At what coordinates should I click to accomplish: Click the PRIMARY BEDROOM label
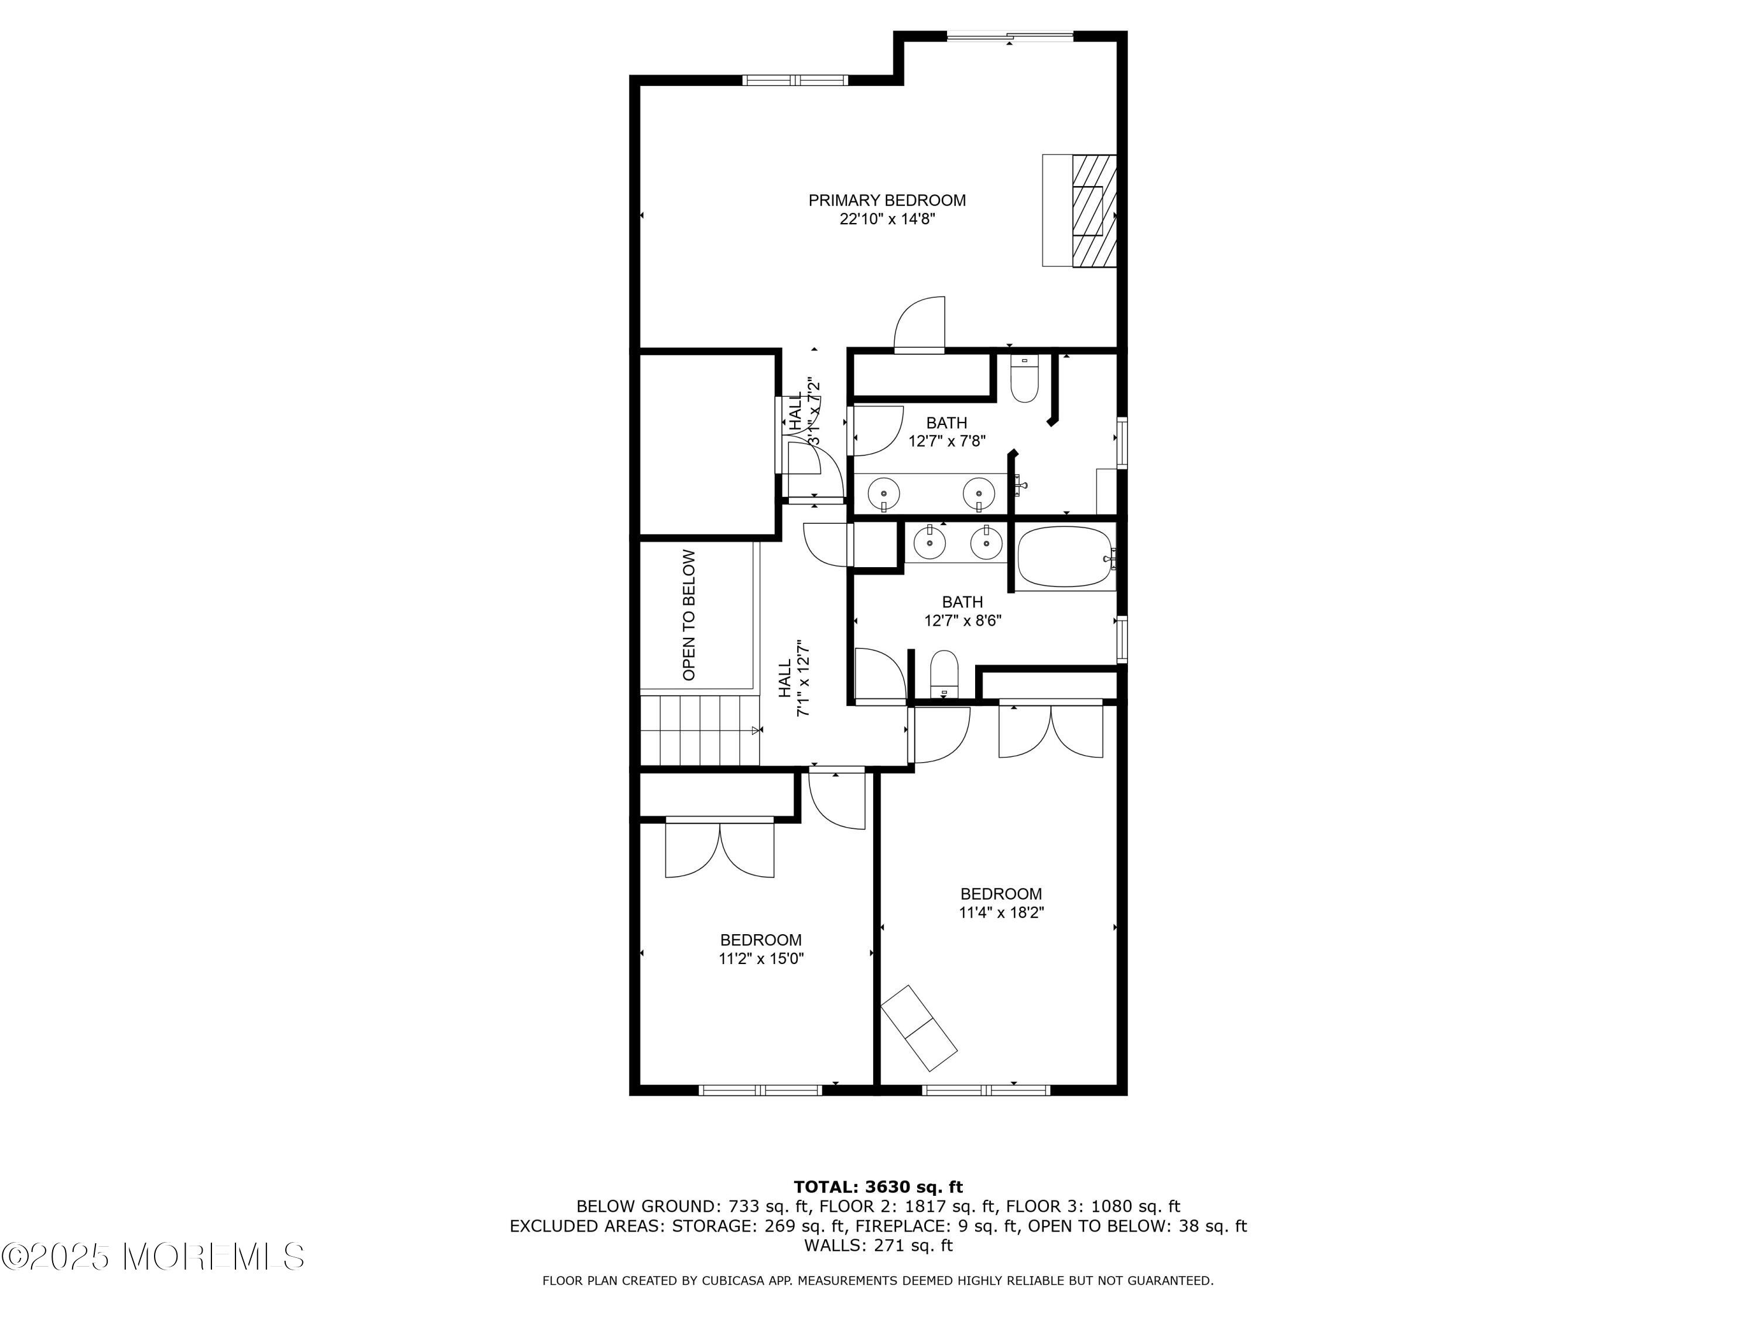coord(887,201)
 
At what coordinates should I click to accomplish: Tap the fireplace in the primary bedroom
coord(1080,210)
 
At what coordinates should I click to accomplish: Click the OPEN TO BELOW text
coord(689,615)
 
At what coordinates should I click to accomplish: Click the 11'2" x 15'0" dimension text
coord(761,959)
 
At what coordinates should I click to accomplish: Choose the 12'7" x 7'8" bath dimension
coord(947,441)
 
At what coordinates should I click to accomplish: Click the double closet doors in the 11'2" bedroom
coord(720,847)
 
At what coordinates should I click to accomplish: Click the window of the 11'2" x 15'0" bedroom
coord(760,1090)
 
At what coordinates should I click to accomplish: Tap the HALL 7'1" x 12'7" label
coord(794,679)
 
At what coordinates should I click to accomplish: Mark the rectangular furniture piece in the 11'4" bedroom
coord(919,1027)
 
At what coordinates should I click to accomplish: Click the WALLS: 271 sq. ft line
coord(878,1246)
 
